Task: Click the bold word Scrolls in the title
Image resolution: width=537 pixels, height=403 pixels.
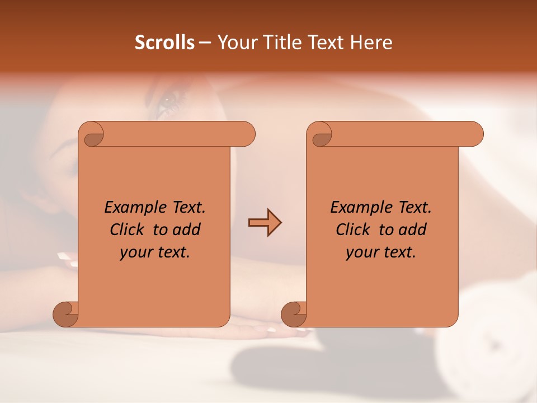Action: [165, 43]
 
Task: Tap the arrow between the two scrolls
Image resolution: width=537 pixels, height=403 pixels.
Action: [265, 223]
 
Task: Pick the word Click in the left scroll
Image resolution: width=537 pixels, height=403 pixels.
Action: [129, 229]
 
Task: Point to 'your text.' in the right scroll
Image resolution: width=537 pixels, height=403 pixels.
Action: [381, 252]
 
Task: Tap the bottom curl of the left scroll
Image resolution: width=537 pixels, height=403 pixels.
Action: [65, 314]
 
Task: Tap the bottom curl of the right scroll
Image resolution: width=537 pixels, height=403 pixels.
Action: [294, 314]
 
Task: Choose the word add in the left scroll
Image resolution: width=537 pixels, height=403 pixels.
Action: [187, 229]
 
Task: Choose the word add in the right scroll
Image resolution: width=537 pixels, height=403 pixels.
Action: [413, 229]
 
